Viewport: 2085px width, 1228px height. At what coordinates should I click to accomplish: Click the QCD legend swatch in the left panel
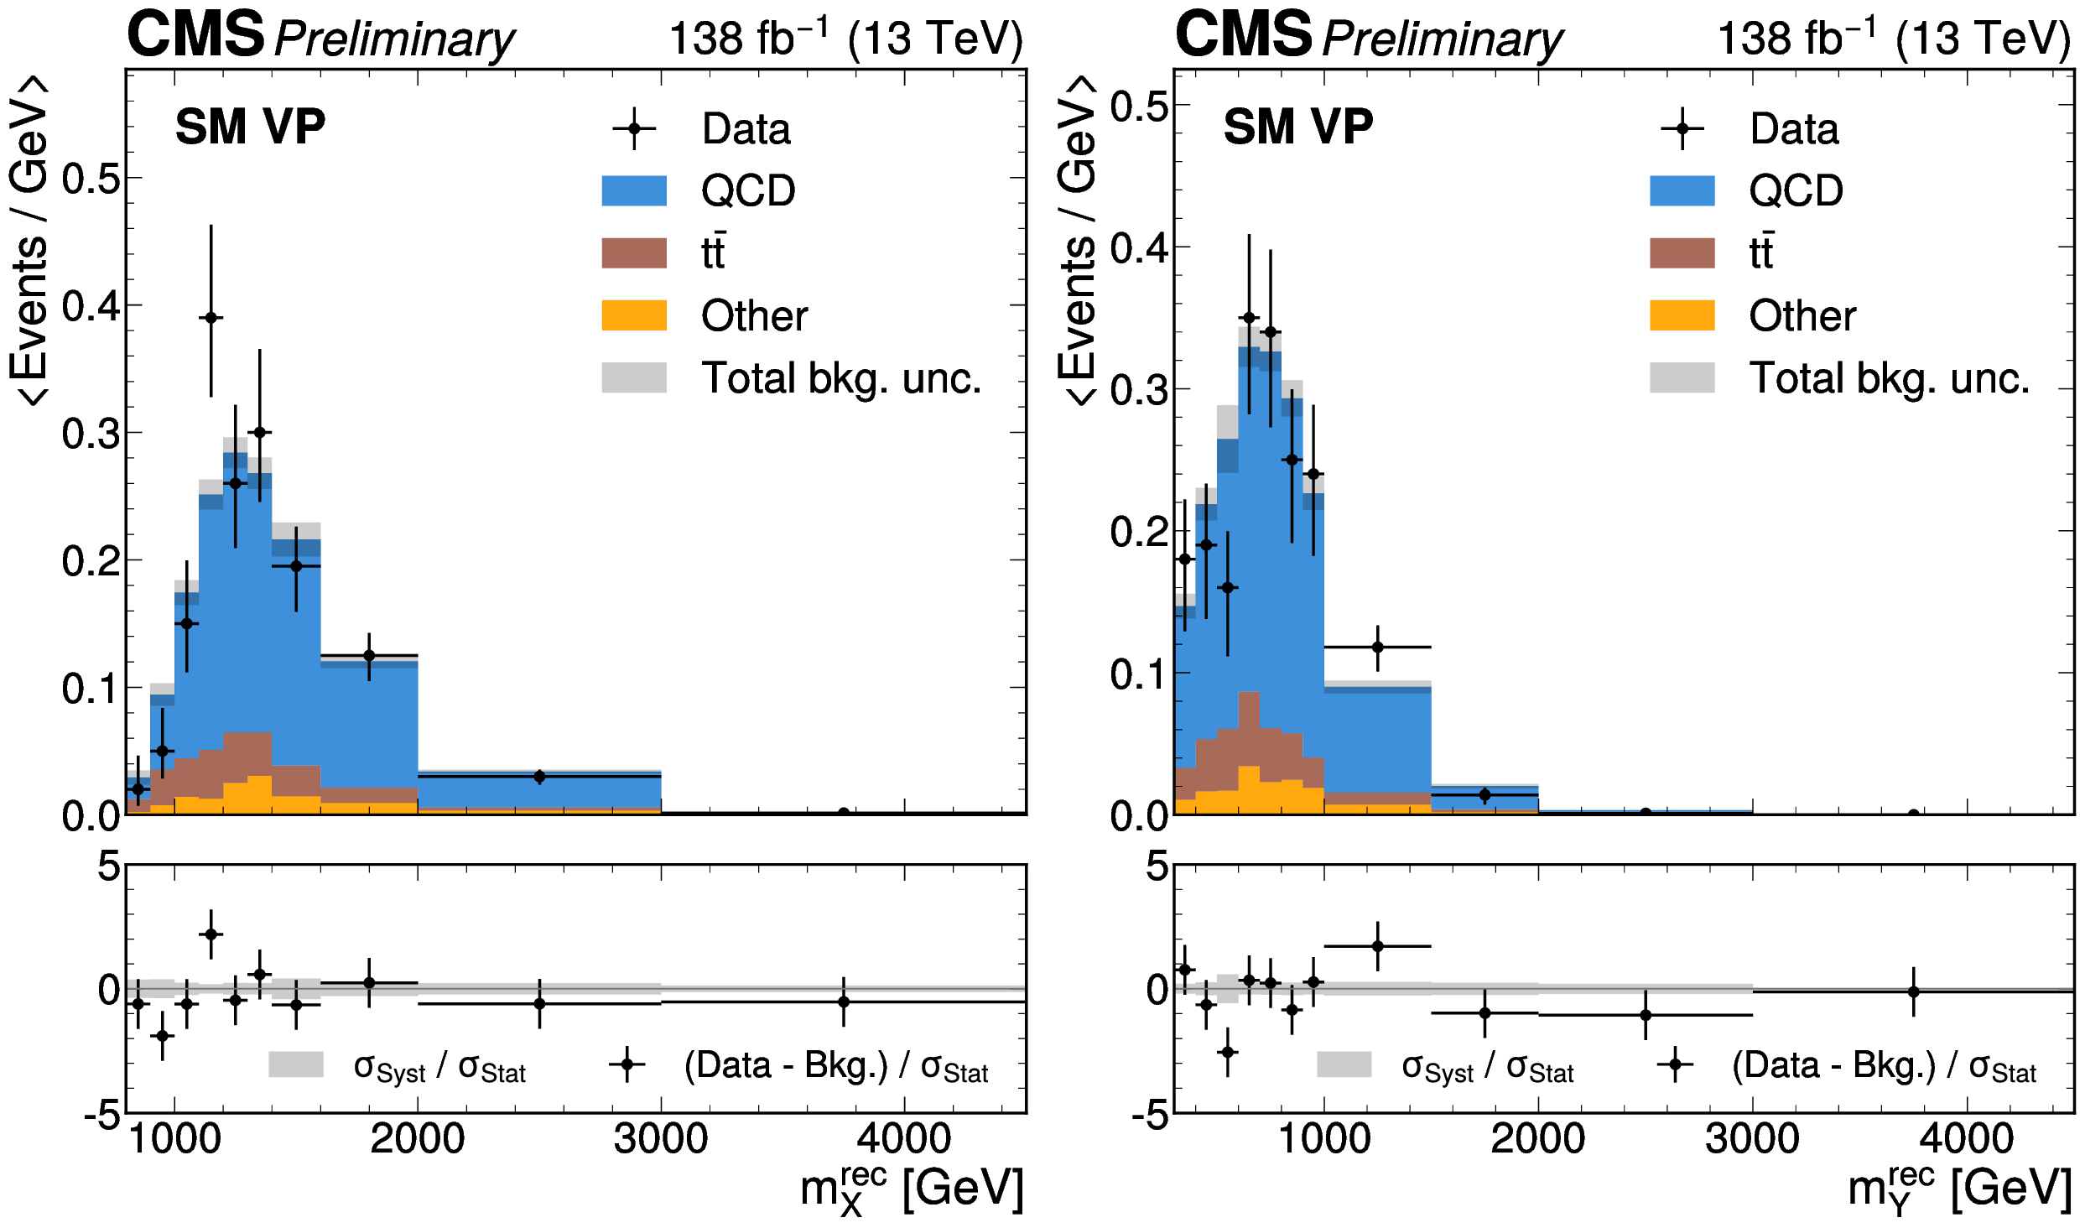pyautogui.click(x=634, y=190)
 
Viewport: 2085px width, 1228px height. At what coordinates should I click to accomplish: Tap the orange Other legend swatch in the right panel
pyautogui.click(x=1682, y=315)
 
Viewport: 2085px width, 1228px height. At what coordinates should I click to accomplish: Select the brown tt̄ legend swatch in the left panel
pyautogui.click(x=634, y=252)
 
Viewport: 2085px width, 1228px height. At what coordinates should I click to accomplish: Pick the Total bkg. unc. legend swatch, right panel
pyautogui.click(x=1682, y=377)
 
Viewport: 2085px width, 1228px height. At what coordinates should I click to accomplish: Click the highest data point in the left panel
pyautogui.click(x=211, y=318)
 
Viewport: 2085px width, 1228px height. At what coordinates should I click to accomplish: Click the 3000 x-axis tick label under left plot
pyautogui.click(x=661, y=1139)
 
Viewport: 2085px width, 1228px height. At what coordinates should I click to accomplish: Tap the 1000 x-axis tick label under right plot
pyautogui.click(x=1324, y=1139)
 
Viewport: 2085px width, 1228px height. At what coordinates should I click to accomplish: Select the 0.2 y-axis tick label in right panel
pyautogui.click(x=1139, y=532)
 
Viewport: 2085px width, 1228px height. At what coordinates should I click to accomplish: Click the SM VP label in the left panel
pyautogui.click(x=250, y=127)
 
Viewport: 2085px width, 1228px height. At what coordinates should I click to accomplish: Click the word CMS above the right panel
pyautogui.click(x=1243, y=35)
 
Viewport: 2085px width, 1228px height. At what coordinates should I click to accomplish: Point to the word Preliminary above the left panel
pyautogui.click(x=394, y=39)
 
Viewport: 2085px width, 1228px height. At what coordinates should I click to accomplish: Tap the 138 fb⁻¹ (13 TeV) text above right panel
pyautogui.click(x=1894, y=39)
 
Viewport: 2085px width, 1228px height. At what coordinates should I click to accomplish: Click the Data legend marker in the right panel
pyautogui.click(x=1682, y=129)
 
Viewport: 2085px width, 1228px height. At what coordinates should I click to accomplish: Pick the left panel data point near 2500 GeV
pyautogui.click(x=539, y=777)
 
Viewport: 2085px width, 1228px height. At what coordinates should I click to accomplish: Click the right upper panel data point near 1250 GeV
pyautogui.click(x=1377, y=647)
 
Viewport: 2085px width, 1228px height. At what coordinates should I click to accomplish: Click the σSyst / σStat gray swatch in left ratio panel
pyautogui.click(x=296, y=1064)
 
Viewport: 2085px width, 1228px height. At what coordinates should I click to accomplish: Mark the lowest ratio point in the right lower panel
pyautogui.click(x=1228, y=1052)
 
